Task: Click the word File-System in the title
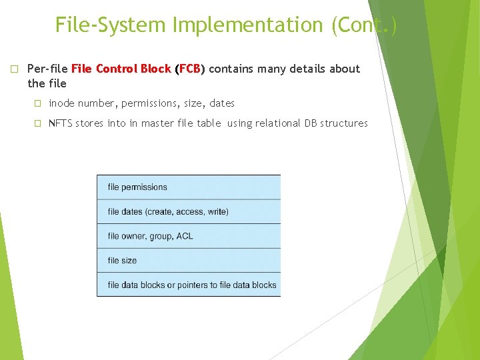111,25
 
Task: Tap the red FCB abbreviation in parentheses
190,69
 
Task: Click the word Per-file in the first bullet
47,69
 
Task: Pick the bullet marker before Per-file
14,69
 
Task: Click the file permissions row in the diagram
189,187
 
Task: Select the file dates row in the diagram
189,211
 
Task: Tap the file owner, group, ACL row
189,236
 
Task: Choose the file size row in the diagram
189,261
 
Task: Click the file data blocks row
189,285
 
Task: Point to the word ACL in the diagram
184,236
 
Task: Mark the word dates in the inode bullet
222,103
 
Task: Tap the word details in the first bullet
313,69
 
